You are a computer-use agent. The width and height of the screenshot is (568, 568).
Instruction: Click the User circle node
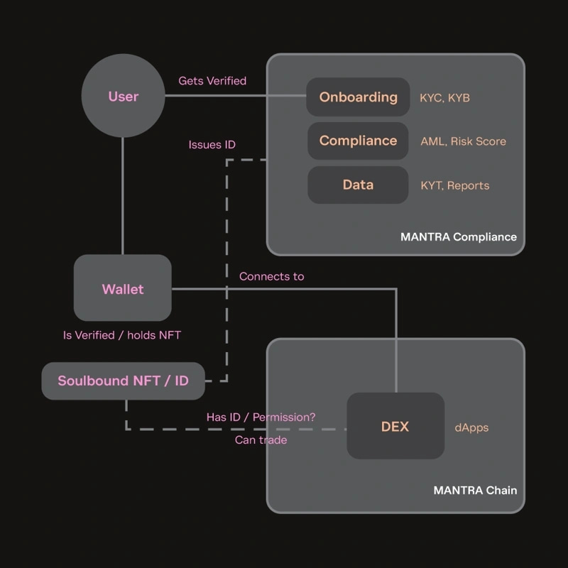click(123, 97)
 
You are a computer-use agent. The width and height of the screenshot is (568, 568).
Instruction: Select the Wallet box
click(123, 288)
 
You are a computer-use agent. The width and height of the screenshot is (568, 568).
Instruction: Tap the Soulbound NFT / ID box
click(123, 381)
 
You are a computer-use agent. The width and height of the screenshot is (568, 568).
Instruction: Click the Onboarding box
click(358, 97)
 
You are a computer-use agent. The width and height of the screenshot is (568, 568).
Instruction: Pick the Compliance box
click(358, 141)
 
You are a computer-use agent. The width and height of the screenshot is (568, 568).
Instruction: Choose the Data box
click(358, 185)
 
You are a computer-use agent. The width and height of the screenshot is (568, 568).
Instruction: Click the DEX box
click(395, 426)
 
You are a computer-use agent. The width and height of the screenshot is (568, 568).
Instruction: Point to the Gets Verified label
click(212, 81)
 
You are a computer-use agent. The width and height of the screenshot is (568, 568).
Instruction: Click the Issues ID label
click(212, 145)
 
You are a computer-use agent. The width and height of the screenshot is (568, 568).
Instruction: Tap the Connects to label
click(271, 276)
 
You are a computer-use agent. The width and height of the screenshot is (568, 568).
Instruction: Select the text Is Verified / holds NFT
click(122, 335)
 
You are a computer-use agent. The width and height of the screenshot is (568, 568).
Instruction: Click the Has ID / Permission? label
click(261, 417)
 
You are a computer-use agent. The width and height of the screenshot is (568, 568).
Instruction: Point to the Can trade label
click(261, 440)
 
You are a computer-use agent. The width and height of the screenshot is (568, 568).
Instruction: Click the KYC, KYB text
click(444, 98)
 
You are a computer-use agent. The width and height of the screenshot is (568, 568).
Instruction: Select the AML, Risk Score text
click(463, 141)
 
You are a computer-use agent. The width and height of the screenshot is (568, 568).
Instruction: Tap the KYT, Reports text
click(454, 185)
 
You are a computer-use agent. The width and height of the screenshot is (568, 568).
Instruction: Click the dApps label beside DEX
click(471, 427)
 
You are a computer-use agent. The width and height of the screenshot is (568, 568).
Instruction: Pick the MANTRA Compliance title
click(458, 236)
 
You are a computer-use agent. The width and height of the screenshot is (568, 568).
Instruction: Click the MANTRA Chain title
click(475, 491)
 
